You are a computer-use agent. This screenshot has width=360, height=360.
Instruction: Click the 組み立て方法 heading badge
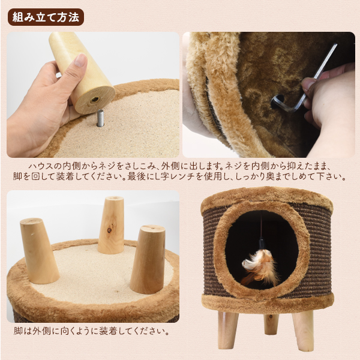tap(46, 17)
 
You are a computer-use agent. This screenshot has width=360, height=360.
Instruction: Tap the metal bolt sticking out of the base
tap(100, 118)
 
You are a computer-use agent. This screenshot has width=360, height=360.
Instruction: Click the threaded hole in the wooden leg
tap(95, 100)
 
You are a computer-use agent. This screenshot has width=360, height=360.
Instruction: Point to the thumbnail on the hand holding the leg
tap(80, 60)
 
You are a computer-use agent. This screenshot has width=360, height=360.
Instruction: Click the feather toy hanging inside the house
tap(260, 266)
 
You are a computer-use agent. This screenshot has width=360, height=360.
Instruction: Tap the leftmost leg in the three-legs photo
tap(38, 250)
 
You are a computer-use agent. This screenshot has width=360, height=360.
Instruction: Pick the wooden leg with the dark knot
tap(112, 225)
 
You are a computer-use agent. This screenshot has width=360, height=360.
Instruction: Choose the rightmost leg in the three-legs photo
tap(148, 259)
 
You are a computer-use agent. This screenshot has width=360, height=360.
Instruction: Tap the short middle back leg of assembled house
tap(271, 324)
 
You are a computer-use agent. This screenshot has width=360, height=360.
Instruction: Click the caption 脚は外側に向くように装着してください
tap(91, 331)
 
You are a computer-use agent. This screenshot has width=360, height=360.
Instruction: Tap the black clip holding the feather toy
tap(262, 244)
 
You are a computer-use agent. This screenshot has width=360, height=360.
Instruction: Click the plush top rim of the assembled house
tap(267, 199)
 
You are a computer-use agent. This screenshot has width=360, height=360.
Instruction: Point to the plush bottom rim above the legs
tap(268, 302)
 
